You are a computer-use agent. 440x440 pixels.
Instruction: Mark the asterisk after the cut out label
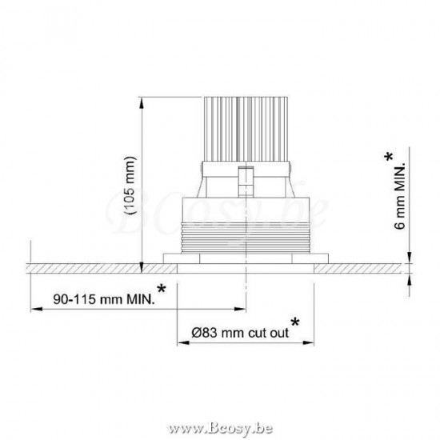click(x=295, y=322)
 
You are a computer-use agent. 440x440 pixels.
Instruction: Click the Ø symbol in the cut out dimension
click(x=198, y=333)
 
